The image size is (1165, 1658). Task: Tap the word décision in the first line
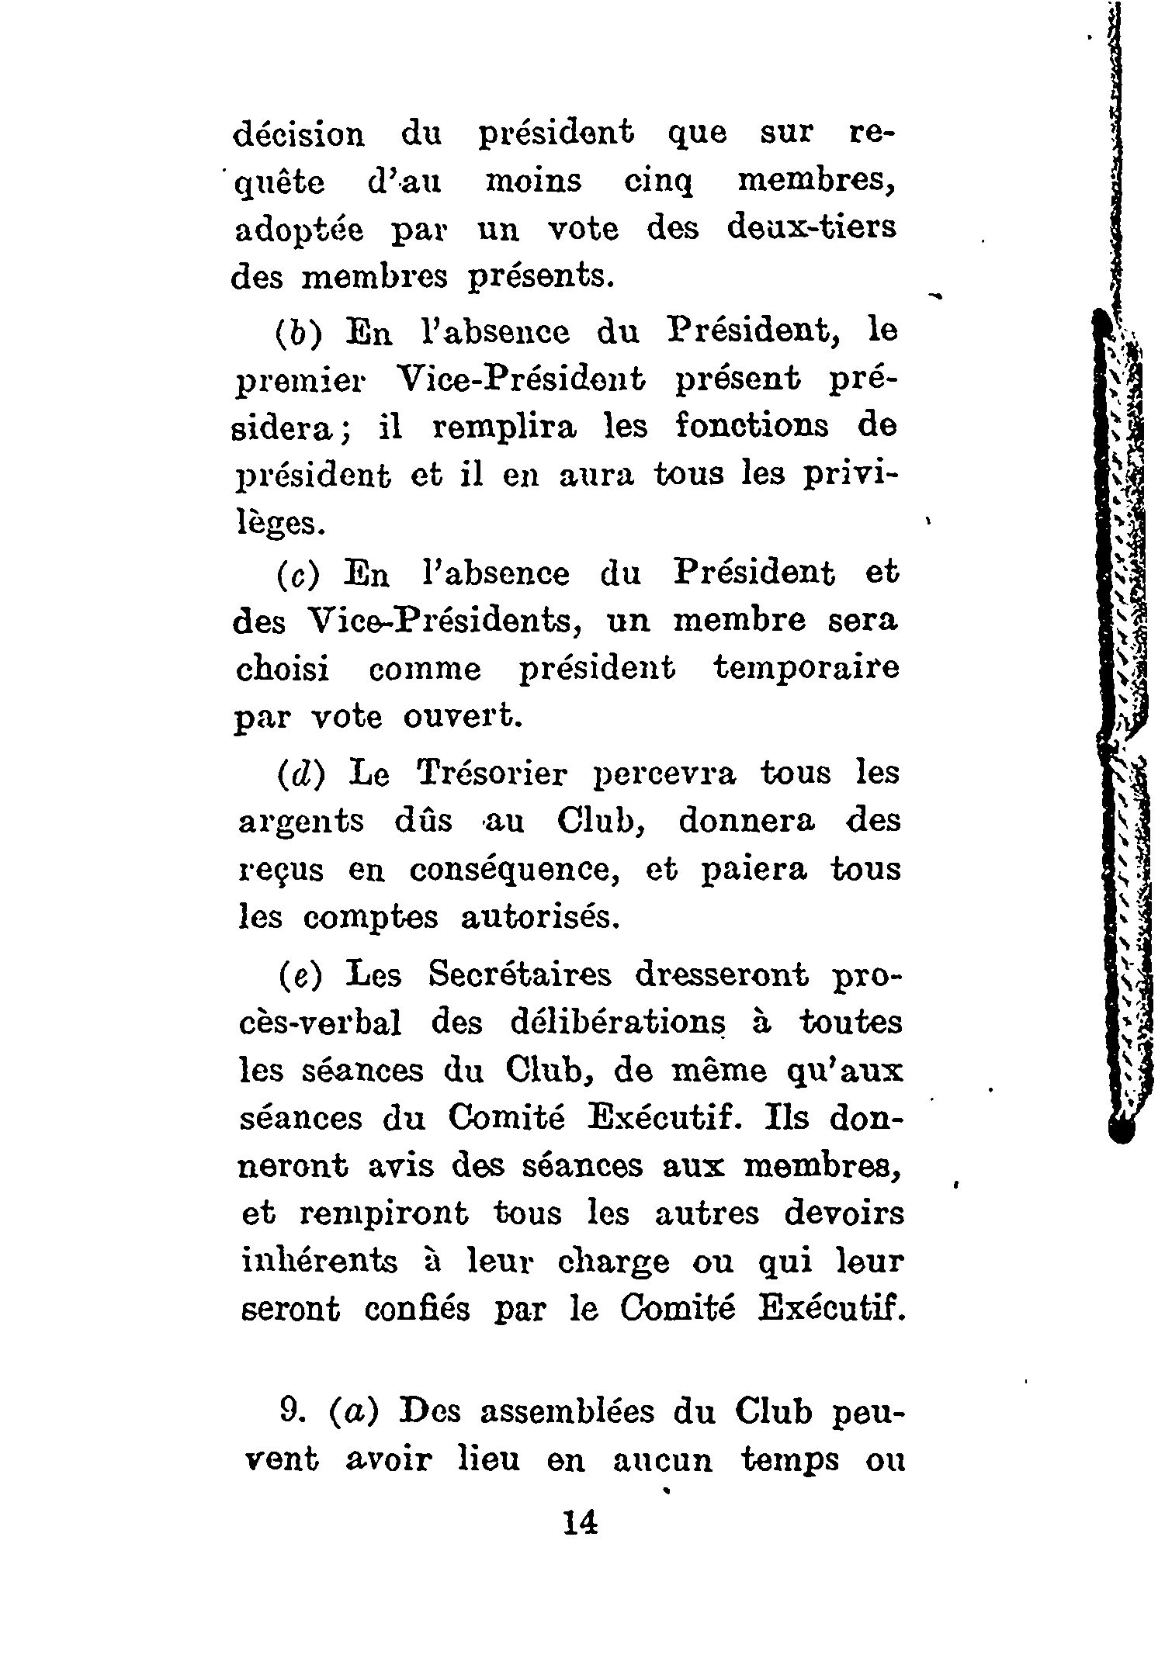299,133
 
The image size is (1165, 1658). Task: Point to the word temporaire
806,668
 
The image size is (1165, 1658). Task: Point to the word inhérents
320,1262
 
